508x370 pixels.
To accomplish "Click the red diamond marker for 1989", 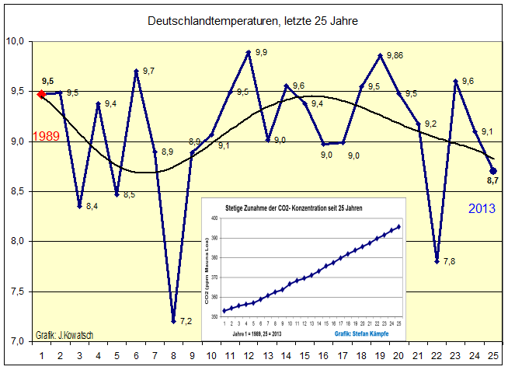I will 40,94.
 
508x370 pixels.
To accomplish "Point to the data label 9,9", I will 261,53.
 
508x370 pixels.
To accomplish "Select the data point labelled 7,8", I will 437,260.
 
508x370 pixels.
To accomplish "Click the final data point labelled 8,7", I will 493,170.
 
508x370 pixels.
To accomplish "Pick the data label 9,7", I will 148,71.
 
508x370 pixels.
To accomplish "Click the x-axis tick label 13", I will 267,354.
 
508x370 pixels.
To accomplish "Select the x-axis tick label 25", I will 493,354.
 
